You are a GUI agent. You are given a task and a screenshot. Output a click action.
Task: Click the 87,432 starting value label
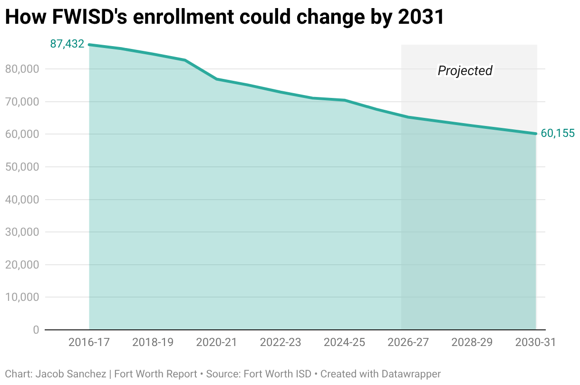pos(67,44)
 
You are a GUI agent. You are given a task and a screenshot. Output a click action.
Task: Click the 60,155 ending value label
pos(558,134)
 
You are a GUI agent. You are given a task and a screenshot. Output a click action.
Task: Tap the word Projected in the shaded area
pos(464,71)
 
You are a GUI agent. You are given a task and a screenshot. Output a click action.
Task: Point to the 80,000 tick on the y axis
pos(22,69)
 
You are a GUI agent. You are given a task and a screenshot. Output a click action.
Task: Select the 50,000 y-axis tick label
pos(22,167)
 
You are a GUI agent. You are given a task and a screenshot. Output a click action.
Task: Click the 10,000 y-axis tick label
pos(22,297)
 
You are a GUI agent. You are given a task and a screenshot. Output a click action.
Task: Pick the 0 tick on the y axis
pos(36,329)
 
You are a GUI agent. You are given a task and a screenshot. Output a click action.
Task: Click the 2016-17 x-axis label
pos(89,342)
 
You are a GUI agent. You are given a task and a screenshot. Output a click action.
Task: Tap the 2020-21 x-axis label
pos(216,342)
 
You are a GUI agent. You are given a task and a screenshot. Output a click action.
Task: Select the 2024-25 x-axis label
pos(344,342)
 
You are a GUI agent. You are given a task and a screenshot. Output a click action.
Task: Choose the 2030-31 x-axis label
pos(535,342)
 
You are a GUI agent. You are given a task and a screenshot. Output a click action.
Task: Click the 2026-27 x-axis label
pos(408,342)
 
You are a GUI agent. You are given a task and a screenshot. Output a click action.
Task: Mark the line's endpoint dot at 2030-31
pos(536,134)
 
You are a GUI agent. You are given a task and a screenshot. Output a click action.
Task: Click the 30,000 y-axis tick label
pos(22,232)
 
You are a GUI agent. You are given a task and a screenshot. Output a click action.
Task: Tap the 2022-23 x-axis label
pos(280,342)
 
